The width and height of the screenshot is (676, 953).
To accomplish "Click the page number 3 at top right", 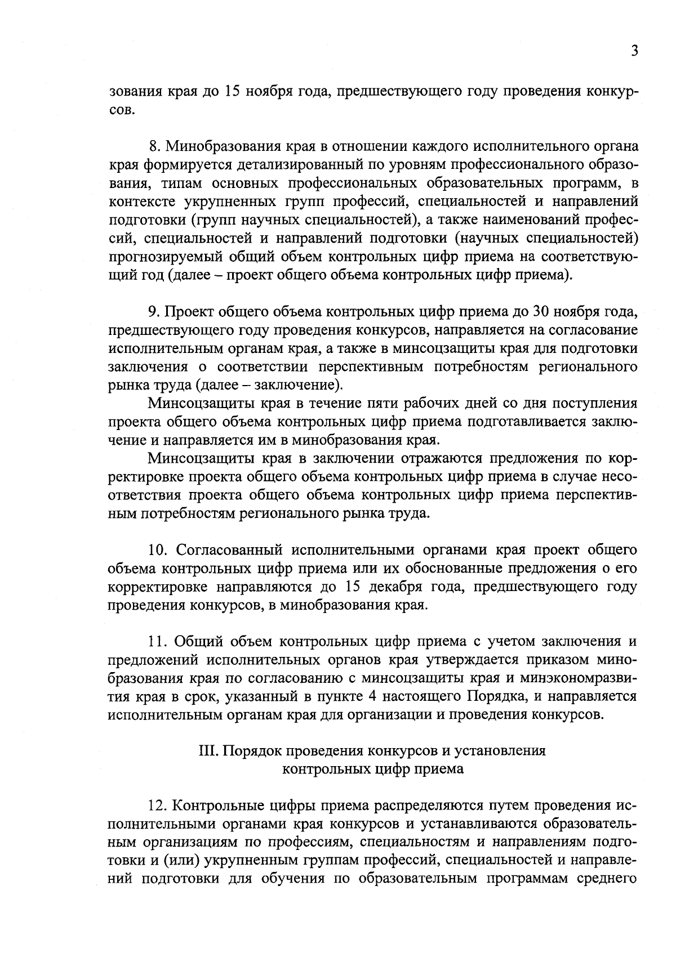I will click(634, 51).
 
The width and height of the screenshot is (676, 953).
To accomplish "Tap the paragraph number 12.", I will click(158, 807).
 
